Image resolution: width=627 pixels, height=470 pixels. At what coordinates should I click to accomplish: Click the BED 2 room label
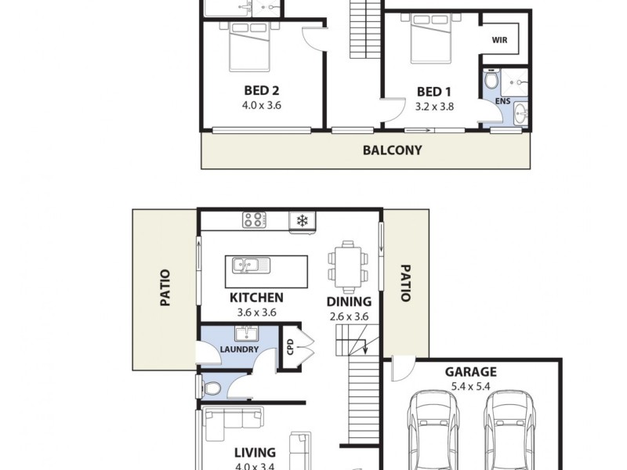point(263,90)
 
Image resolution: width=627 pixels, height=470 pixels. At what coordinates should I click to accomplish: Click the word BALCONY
point(393,150)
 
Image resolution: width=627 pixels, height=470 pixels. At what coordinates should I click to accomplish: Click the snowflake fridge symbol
point(301,220)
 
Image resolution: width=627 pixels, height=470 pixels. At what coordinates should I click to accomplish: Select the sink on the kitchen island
point(250,266)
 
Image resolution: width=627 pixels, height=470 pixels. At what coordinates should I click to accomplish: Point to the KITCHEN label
point(256,298)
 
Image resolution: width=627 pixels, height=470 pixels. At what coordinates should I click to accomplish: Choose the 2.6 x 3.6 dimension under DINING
point(349,316)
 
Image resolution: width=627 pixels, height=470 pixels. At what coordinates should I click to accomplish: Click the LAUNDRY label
point(239,349)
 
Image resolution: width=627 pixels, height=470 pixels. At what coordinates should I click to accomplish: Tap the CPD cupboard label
point(290,345)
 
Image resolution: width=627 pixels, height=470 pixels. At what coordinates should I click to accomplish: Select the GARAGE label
point(471,373)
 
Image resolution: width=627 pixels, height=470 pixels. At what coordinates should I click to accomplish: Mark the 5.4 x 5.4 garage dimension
point(471,387)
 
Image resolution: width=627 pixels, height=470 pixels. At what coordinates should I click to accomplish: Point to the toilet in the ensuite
point(491,81)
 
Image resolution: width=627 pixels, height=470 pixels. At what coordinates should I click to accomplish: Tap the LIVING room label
point(255,452)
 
